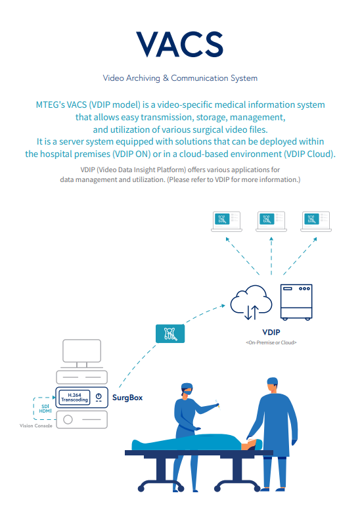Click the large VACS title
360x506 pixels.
point(180,44)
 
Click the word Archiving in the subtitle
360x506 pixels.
point(143,78)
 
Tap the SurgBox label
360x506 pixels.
point(127,398)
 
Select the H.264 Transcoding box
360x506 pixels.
point(74,398)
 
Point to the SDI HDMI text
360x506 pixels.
point(45,409)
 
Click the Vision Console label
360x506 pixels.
point(36,426)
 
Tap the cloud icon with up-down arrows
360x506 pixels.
point(251,302)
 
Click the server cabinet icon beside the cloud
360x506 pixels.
point(296,302)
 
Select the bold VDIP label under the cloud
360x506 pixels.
point(271,333)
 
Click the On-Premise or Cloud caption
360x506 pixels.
point(271,342)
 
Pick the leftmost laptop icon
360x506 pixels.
point(227,221)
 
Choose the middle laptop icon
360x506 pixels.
point(271,221)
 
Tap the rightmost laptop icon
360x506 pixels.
point(316,221)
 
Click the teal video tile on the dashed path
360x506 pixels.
point(170,334)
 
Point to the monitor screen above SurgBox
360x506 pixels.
point(82,351)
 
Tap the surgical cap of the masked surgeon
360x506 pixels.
point(187,386)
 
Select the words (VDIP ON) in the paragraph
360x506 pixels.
point(131,154)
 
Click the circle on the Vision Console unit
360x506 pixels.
point(68,419)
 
